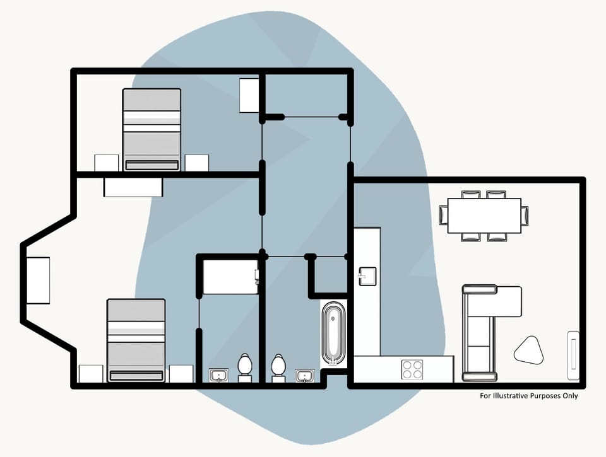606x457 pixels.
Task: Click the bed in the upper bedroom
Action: click(151, 129)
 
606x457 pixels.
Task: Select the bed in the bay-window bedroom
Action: click(136, 340)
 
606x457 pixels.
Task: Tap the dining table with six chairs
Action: click(484, 216)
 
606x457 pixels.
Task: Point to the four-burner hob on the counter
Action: click(413, 369)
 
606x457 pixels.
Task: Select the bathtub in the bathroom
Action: click(334, 334)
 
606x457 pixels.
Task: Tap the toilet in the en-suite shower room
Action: click(245, 367)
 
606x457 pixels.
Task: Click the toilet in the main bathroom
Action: click(278, 367)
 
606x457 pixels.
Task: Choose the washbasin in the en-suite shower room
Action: click(219, 376)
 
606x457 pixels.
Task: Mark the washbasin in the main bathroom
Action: click(305, 376)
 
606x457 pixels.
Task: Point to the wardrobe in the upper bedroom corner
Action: click(250, 95)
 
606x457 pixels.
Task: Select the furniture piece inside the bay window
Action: click(38, 281)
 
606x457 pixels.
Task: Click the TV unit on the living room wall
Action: click(573, 355)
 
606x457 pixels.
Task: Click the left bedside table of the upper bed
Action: click(107, 163)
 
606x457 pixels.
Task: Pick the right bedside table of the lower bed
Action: click(181, 374)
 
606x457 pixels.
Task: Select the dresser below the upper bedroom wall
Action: click(134, 187)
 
